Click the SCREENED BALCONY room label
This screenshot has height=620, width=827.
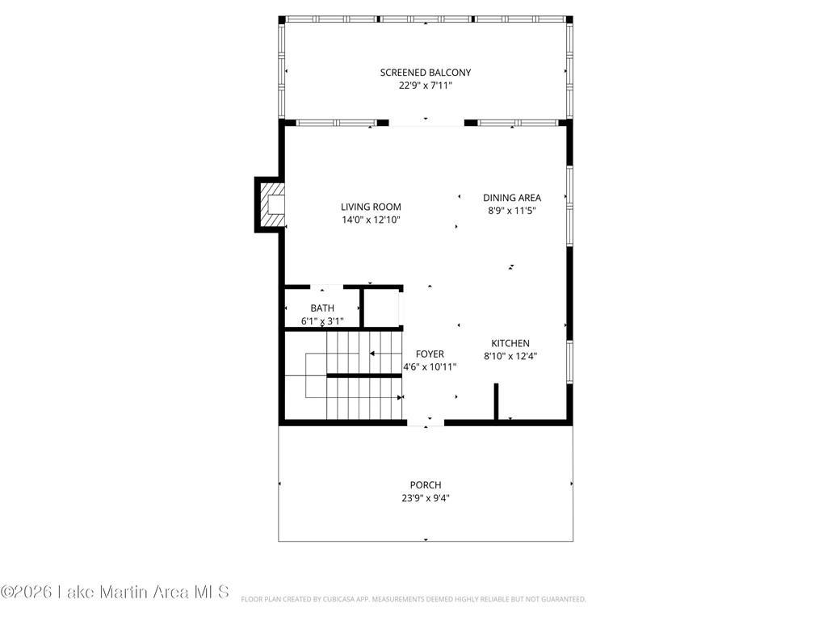coord(425,72)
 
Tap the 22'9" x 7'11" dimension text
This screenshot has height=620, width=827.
coord(425,86)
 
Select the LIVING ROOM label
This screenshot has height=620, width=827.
coord(371,207)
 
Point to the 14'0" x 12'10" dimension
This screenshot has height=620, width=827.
coord(371,220)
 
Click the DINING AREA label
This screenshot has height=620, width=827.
coord(511,198)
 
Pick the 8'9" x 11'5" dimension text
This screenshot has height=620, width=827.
coord(511,211)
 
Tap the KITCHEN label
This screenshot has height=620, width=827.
coord(510,343)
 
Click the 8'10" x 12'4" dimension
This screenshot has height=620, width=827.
coord(510,356)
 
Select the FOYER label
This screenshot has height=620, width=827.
coord(430,354)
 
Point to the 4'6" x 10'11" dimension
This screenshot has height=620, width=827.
coord(430,367)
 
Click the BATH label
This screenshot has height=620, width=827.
coord(321,308)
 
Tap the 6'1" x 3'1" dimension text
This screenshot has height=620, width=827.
coord(321,320)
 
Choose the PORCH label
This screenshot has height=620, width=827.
coord(425,485)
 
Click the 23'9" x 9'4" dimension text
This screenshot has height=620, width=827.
coord(425,498)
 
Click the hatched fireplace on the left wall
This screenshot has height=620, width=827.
coord(271,204)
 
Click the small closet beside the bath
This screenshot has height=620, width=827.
coord(382,308)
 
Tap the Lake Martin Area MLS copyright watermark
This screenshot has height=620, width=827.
coord(115,592)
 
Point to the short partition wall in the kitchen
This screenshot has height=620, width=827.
coord(496,402)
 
